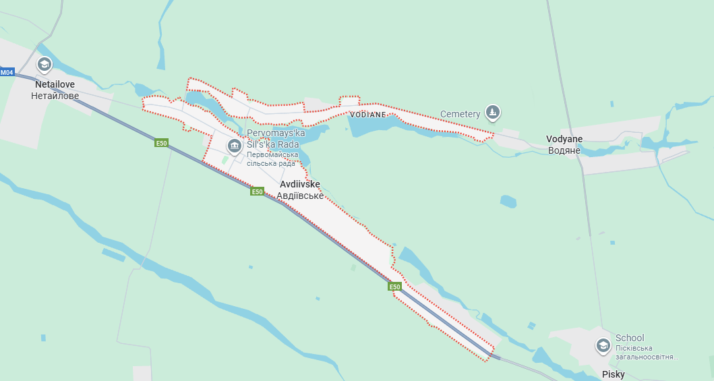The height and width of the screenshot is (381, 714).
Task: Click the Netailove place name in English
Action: pos(55,85)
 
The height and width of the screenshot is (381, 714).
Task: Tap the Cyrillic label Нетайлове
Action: pos(55,96)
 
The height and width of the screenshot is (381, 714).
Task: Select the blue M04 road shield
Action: pos(7,72)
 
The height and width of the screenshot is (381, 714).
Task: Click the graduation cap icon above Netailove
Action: pos(44,65)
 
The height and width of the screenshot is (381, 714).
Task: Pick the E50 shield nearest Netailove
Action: pos(161,143)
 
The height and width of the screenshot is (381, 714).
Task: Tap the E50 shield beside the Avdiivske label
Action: pos(257,192)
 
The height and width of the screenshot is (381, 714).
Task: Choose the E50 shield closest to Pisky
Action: pos(395,287)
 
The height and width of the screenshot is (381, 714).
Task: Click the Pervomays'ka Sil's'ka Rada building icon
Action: pos(234,145)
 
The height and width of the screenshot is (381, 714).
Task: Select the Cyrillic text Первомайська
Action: pos(272,154)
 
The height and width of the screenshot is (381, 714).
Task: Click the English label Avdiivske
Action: pos(299,184)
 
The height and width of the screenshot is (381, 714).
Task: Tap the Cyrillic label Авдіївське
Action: pos(300,196)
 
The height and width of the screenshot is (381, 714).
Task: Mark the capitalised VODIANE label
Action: pos(368,115)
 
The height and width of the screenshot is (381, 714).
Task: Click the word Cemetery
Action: pos(460,113)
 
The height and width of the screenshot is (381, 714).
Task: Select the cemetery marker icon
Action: pos(494,111)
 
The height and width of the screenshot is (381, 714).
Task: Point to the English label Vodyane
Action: pos(564,139)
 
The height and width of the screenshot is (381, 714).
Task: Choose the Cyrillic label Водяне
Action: pos(564,150)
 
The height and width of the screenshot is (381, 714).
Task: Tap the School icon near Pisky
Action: pos(603,346)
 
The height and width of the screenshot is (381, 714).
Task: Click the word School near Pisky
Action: pos(630,338)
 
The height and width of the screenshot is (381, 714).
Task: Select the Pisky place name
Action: pos(614,374)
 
